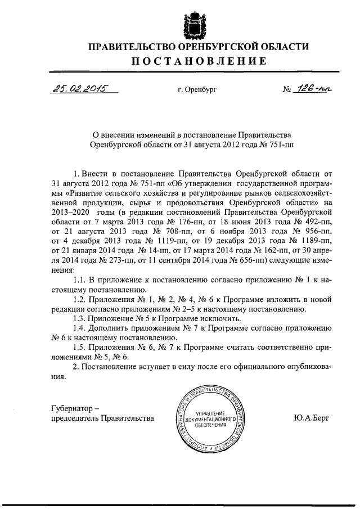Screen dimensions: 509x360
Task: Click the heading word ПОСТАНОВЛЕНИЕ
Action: click(x=190, y=61)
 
